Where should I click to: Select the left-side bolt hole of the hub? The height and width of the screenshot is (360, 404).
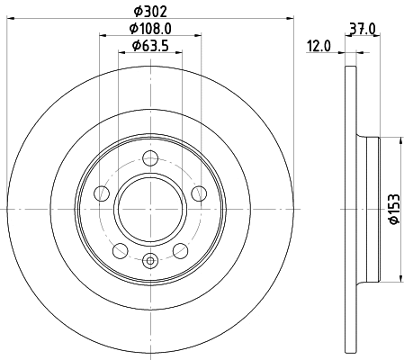(103, 193)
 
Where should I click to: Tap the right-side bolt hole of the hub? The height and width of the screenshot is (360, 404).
(197, 193)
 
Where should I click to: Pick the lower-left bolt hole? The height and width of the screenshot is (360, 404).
(121, 248)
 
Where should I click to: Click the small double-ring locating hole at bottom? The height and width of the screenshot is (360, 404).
(149, 262)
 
